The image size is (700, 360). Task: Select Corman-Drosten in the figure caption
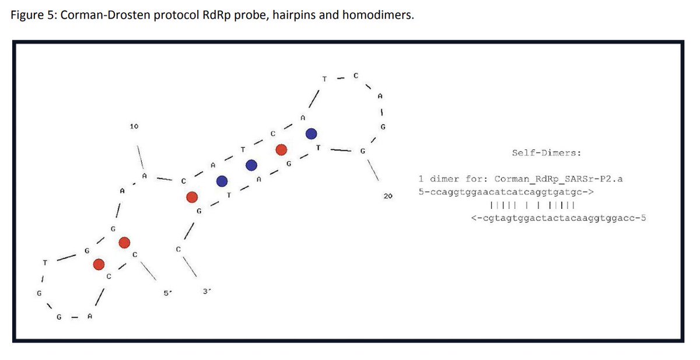[x=103, y=15]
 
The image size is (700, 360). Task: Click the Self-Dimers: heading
[x=546, y=153]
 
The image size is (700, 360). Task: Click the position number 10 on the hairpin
[x=134, y=126]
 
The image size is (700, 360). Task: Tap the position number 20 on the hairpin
[x=388, y=197]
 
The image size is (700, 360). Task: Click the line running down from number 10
[x=139, y=156]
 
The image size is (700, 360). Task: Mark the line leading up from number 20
[x=374, y=170]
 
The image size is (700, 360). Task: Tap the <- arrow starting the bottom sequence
[x=475, y=219]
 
